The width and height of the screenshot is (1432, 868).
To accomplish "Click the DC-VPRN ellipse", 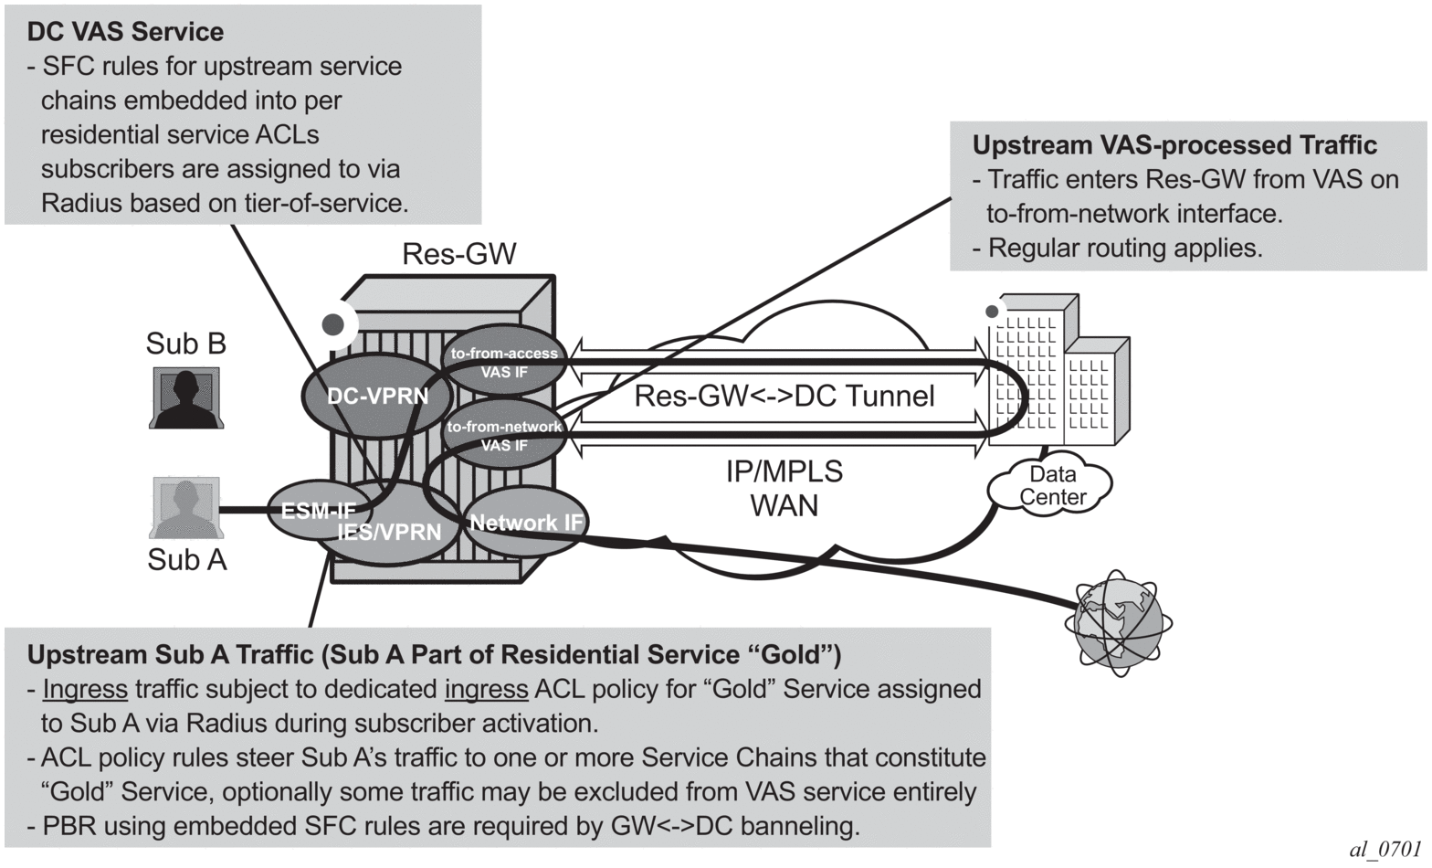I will point(377,397).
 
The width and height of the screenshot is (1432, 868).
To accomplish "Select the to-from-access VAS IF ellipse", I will point(503,362).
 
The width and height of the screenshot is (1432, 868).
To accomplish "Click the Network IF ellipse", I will point(527,523).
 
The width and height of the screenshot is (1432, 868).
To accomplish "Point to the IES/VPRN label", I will point(390,532).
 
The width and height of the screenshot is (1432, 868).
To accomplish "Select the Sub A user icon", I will point(185,508).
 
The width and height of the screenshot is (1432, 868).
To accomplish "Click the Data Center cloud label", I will point(1052,486).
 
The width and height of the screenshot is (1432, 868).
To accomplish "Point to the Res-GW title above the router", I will point(459,254).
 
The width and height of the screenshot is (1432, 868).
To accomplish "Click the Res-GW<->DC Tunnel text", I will point(784,396).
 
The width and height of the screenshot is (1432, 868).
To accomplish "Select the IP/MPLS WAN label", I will point(784,488).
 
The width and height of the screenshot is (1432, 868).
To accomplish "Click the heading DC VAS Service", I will point(125,32).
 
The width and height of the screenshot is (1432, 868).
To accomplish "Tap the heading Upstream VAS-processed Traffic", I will point(1174,145).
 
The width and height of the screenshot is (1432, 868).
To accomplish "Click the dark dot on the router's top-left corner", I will point(334,323).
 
